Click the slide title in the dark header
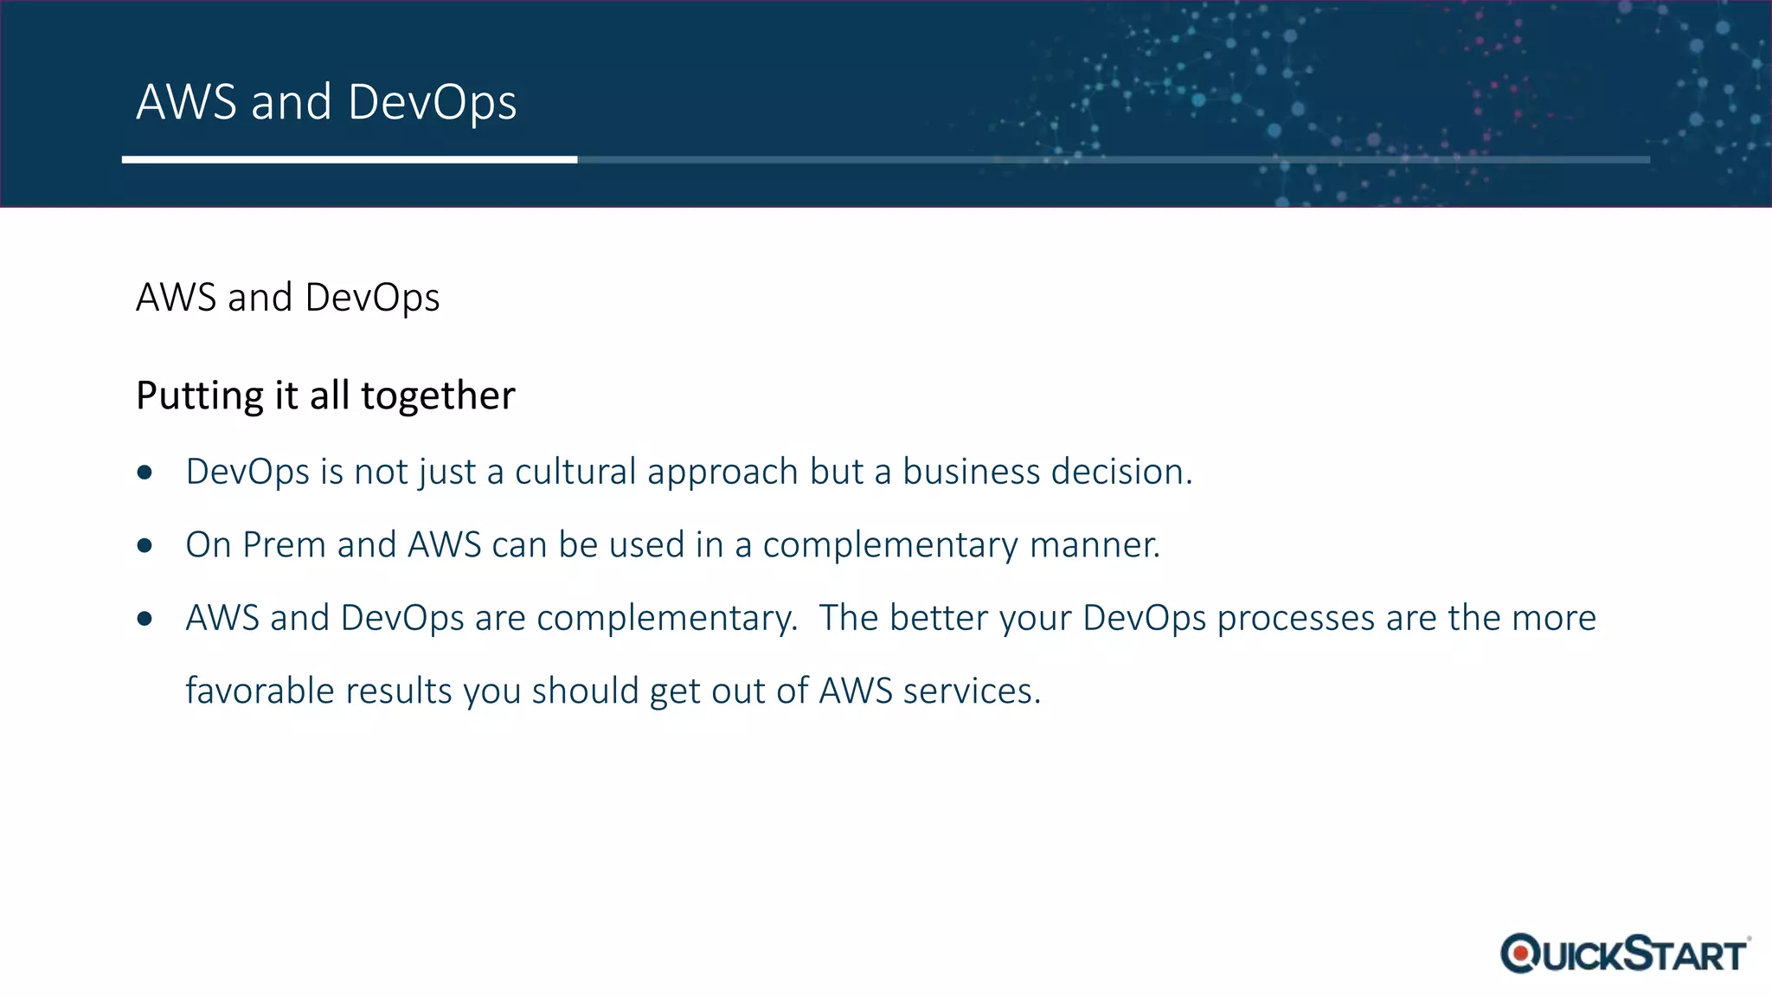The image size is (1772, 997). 326,102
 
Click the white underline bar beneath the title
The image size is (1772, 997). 349,159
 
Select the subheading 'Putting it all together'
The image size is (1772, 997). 325,396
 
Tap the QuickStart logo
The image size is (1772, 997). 1624,954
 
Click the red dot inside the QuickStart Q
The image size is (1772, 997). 1520,954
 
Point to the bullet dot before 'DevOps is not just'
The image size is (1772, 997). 144,473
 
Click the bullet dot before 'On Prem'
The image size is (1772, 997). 144,546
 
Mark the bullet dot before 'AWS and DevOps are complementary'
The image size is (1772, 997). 144,619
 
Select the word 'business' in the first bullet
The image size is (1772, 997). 971,472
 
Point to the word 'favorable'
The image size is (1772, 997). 260,691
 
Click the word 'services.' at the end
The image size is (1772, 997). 972,691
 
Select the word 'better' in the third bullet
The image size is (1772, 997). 939,618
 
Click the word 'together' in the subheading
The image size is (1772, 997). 438,396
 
